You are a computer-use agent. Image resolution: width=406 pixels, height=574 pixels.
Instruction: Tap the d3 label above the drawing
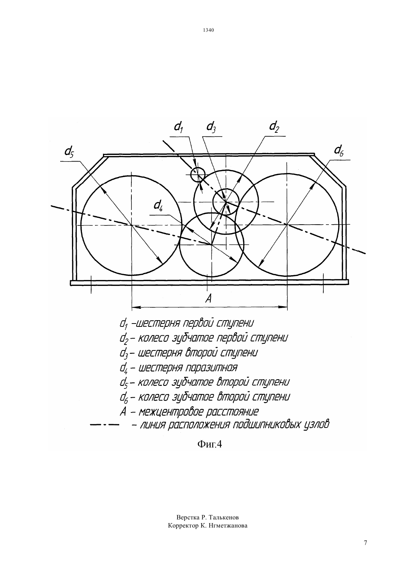(211, 127)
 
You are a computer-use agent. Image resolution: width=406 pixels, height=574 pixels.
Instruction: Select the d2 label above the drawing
(274, 127)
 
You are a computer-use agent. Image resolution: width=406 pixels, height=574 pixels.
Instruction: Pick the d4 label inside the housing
(158, 206)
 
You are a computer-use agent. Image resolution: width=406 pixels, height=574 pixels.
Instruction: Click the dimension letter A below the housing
(209, 298)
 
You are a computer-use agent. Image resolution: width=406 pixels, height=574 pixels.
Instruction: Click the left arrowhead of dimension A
(136, 307)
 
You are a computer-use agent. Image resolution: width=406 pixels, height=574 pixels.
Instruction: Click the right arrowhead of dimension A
(283, 307)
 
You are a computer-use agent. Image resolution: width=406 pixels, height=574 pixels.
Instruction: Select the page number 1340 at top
(208, 30)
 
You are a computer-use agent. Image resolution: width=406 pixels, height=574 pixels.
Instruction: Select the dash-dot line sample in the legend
(105, 425)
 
